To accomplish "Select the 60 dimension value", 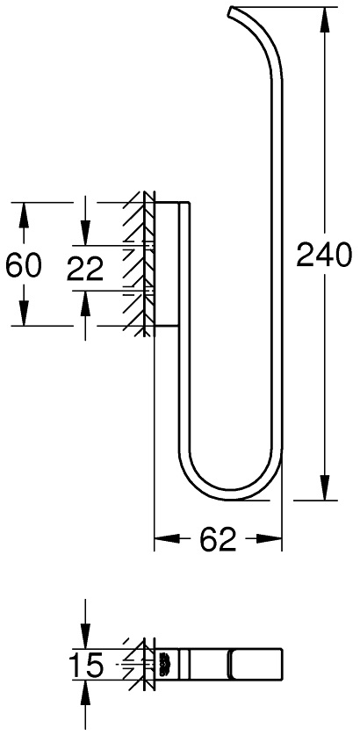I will (x=24, y=265).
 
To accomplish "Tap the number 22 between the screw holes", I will (x=86, y=268).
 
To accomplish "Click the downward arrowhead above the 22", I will (x=85, y=235).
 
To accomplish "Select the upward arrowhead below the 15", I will (x=85, y=694).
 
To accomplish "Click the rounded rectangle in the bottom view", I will (x=257, y=666).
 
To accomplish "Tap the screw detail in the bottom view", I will (x=163, y=666).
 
